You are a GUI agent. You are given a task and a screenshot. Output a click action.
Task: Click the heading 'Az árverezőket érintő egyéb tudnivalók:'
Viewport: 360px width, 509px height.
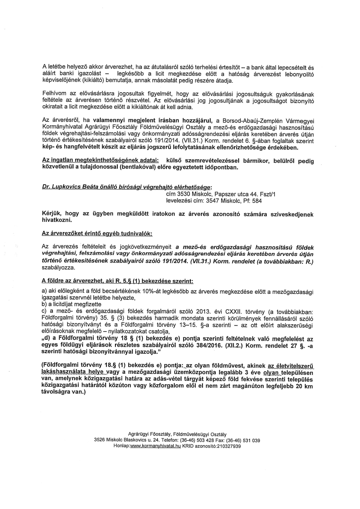point(97,234)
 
